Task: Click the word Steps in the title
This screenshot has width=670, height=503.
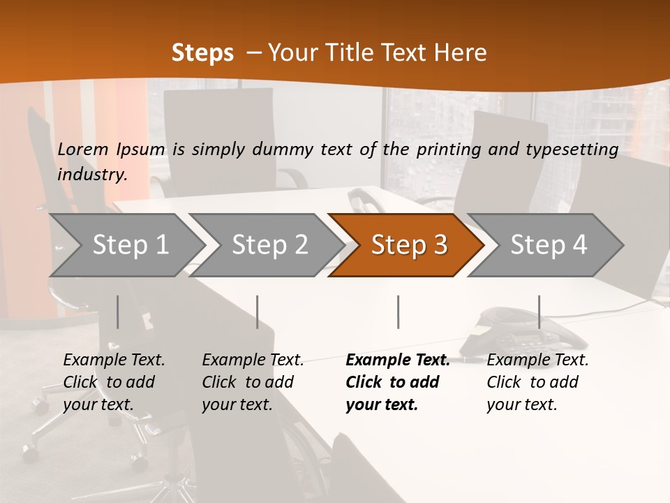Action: tap(202, 53)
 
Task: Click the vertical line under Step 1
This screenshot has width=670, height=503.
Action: tap(118, 312)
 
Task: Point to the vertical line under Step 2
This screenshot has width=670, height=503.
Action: tap(258, 312)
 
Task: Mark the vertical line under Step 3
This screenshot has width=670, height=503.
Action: tap(398, 312)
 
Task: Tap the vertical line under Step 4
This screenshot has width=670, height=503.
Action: tap(539, 312)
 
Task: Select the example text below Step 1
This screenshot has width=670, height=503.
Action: tap(114, 382)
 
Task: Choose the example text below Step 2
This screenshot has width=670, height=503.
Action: tap(253, 382)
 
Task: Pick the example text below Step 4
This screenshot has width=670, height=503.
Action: tap(537, 382)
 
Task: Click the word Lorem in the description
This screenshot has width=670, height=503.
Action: tap(83, 150)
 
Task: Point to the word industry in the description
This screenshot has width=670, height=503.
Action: tap(92, 175)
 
